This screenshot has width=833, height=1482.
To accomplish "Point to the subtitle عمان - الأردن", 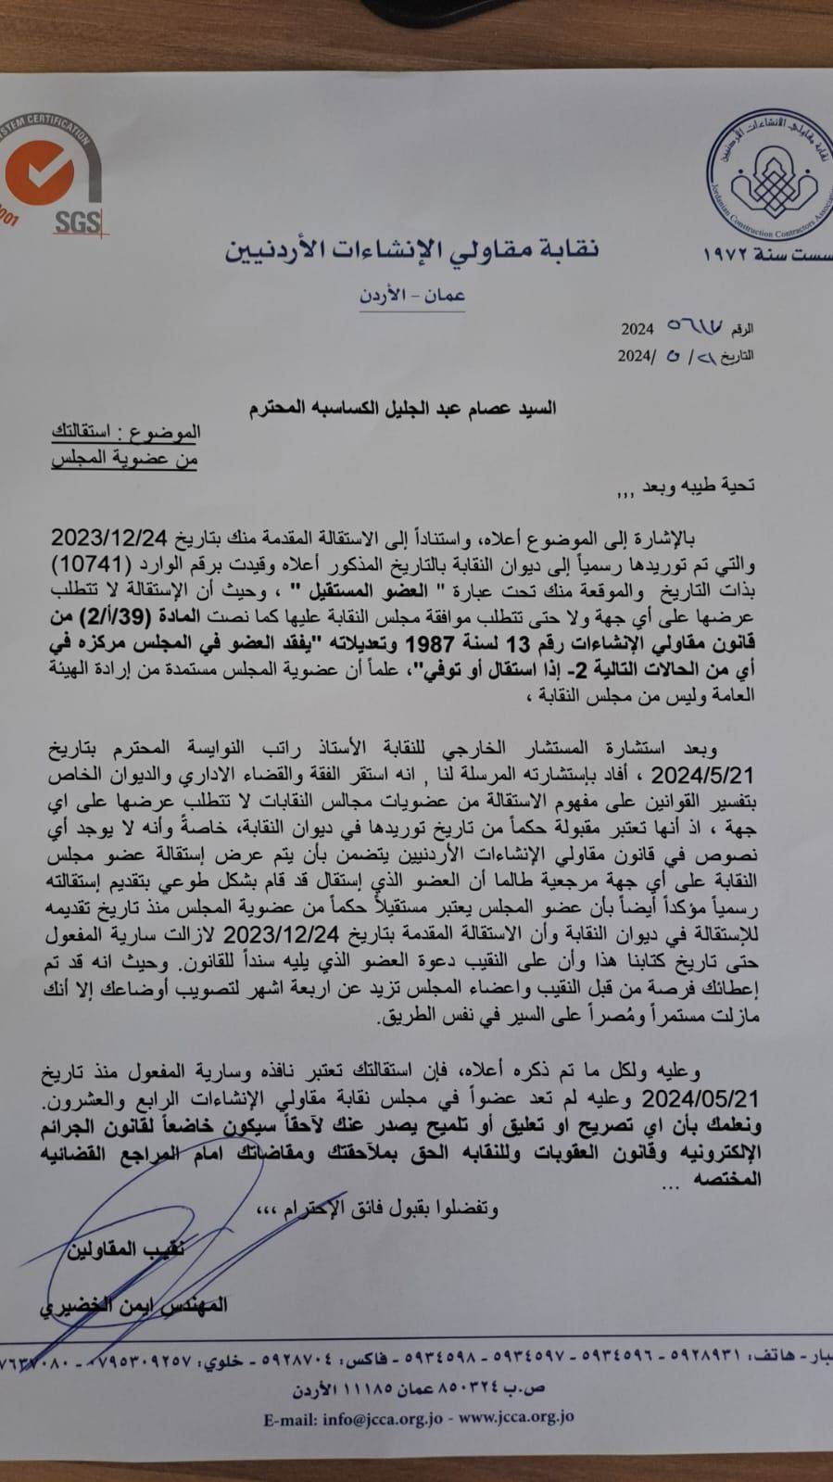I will coord(411,296).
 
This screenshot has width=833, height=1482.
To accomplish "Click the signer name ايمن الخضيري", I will coord(120,1306).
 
